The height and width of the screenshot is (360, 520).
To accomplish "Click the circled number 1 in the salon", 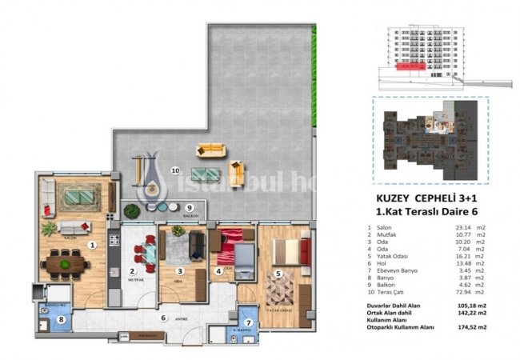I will (93, 245).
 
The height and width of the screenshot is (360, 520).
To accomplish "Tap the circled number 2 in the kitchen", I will (132, 271).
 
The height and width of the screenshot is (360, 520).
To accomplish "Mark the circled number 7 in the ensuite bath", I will (248, 324).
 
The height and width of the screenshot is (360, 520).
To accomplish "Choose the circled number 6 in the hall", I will (163, 318).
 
